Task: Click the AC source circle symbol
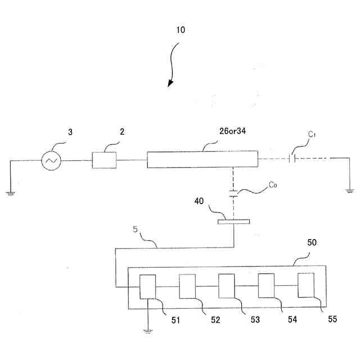tap(51, 161)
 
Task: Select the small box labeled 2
tap(105, 160)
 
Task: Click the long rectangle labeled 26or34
tap(202, 159)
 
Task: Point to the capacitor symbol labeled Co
tap(234, 195)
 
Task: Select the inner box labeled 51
tap(148, 287)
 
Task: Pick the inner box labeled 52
tap(187, 287)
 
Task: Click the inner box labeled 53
tap(227, 287)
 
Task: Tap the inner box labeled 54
tap(266, 287)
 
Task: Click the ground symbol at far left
tap(10, 192)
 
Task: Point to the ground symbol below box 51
tap(148, 331)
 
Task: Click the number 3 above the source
tap(70, 133)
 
